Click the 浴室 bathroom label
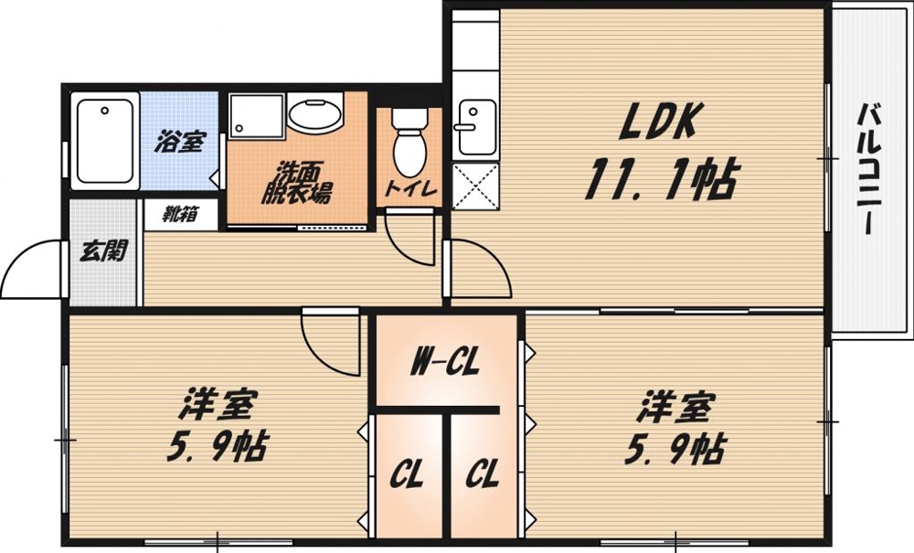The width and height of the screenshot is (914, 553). pyautogui.click(x=178, y=143)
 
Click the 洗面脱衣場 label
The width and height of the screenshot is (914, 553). pyautogui.click(x=294, y=184)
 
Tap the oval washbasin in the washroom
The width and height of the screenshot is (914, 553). pyautogui.click(x=314, y=115)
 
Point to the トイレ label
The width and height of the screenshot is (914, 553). pyautogui.click(x=408, y=190)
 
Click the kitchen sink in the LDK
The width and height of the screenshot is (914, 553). pyautogui.click(x=475, y=125)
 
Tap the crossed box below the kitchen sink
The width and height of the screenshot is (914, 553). pyautogui.click(x=475, y=186)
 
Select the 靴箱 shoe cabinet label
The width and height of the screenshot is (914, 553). pyautogui.click(x=181, y=215)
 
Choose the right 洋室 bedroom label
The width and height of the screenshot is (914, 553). pyautogui.click(x=675, y=404)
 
